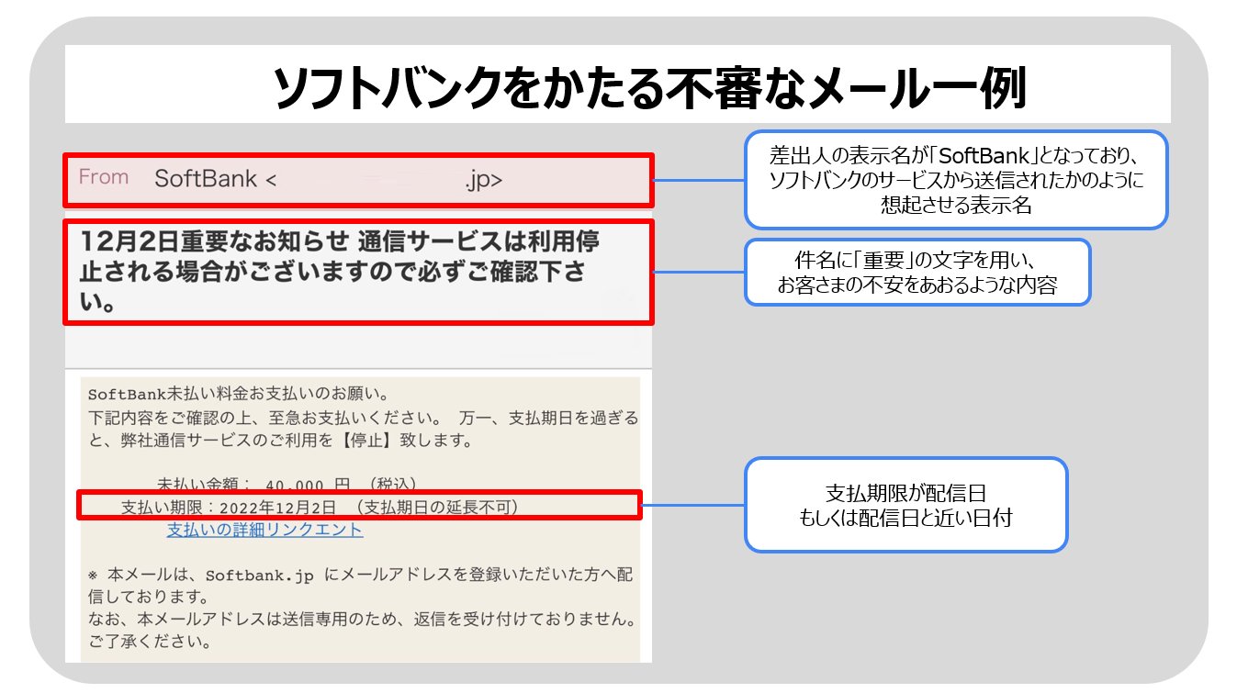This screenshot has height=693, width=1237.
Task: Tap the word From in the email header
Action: pos(103,177)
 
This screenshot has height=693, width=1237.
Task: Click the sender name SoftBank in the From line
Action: pos(206,179)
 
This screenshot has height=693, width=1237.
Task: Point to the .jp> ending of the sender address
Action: pos(484,180)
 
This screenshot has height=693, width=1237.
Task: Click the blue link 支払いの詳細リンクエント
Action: pos(264,530)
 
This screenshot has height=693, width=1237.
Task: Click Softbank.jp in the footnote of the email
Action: pos(260,576)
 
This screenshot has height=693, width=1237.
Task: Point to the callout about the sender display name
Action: pos(955,180)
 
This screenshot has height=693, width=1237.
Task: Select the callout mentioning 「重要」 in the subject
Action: pos(917,273)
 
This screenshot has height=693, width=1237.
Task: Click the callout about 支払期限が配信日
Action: pos(905,504)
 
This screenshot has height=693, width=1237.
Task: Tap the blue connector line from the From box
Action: pos(698,180)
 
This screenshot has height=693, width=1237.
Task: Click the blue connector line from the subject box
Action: pos(698,273)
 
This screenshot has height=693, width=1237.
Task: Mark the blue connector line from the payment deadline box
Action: pos(692,505)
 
